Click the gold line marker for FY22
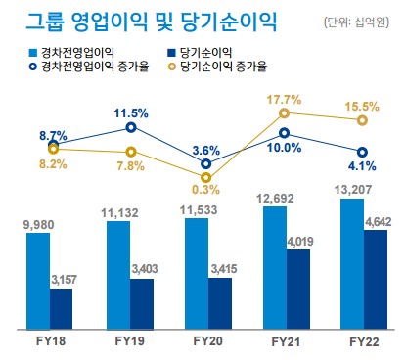click(x=363, y=120)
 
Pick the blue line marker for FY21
click(x=285, y=132)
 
